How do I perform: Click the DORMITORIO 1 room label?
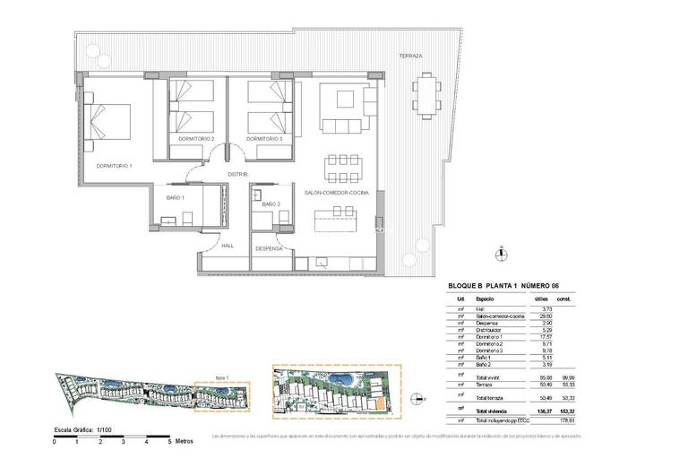click(x=115, y=166)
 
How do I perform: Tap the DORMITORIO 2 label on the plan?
click(x=196, y=139)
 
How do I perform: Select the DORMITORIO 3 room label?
click(x=264, y=139)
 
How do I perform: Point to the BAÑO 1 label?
click(x=175, y=197)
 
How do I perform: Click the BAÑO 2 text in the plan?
click(x=271, y=204)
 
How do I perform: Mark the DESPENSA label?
click(x=269, y=248)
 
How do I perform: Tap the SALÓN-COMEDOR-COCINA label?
click(x=332, y=193)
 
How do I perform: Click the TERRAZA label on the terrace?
click(x=410, y=56)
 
